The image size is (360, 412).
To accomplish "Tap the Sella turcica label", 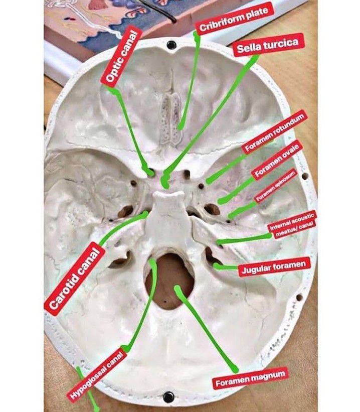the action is (268, 45).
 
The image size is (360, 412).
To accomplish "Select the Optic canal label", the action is (121, 56).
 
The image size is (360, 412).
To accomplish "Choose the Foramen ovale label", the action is (277, 160).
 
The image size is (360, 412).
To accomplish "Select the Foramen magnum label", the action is (251, 379).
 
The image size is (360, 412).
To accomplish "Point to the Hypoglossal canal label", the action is (96, 375).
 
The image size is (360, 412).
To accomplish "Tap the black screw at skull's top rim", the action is (171, 45).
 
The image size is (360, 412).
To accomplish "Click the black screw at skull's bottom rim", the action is (168, 396).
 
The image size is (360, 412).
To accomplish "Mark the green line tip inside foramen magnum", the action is (177, 288).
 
